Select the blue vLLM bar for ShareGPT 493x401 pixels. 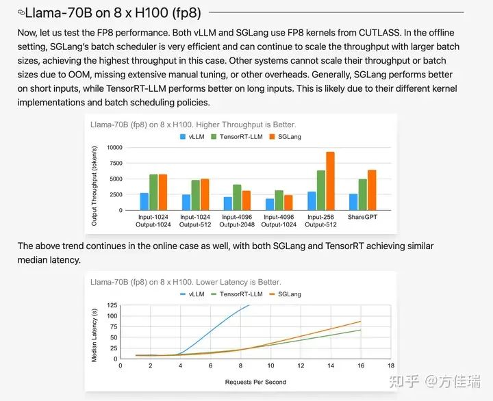pos(353,203)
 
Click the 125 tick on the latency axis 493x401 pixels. pos(112,305)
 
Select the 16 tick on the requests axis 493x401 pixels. pos(361,365)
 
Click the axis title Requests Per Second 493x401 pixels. pos(255,381)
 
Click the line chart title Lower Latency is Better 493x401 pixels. pos(186,282)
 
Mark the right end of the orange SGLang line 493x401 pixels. pos(361,321)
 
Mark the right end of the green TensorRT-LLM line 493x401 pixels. pos(361,330)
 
